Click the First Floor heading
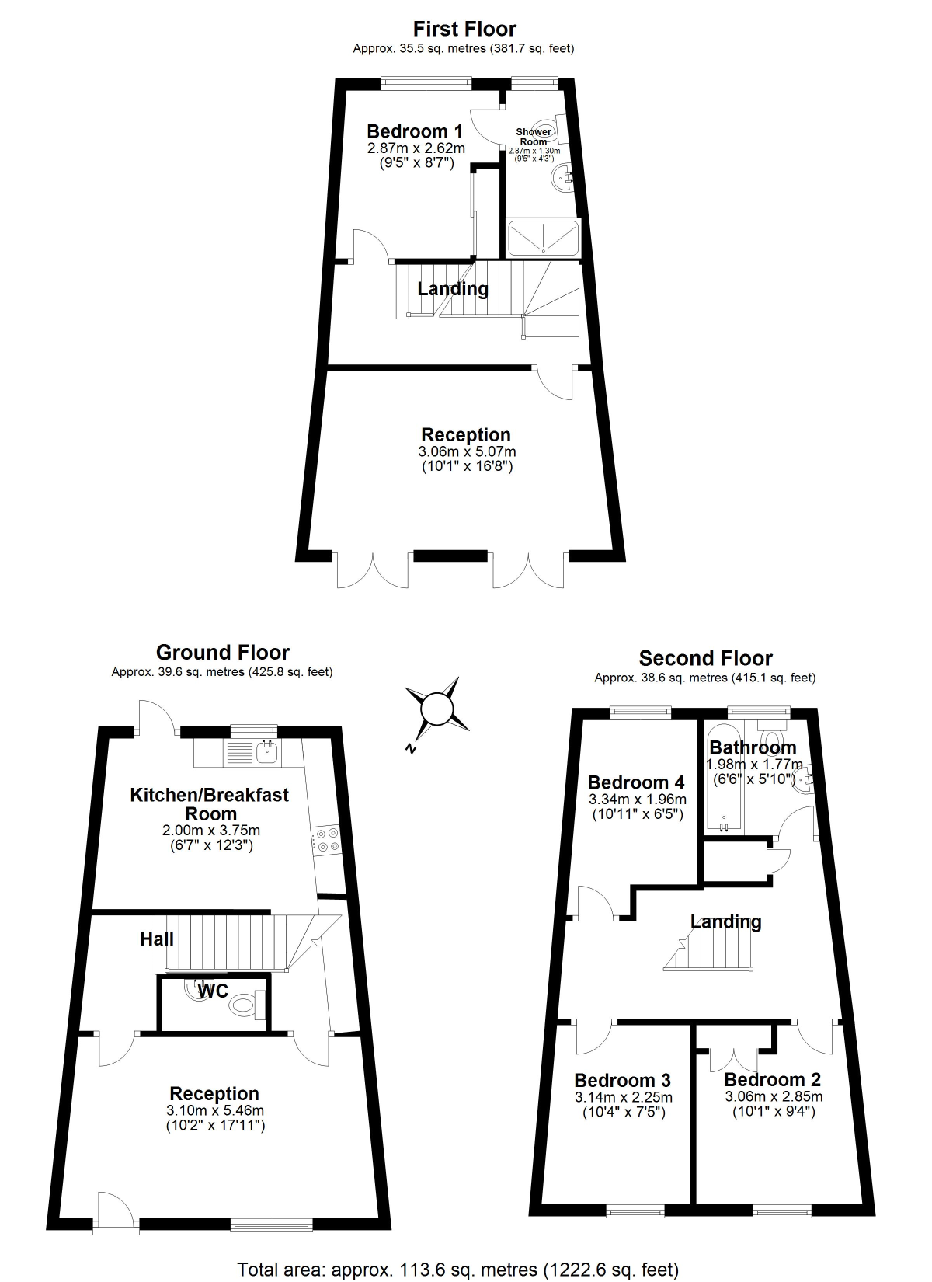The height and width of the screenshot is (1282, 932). [464, 30]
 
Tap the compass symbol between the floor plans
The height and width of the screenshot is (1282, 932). [435, 709]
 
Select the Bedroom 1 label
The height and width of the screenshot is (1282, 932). [414, 131]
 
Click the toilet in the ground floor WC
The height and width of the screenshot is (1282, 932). [242, 1006]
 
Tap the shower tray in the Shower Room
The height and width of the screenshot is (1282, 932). [543, 238]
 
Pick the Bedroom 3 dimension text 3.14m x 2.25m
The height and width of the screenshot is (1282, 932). [623, 1097]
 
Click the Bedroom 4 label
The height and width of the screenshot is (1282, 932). [637, 782]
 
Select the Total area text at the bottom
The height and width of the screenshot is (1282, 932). [458, 1270]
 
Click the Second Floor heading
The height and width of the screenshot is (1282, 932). [705, 659]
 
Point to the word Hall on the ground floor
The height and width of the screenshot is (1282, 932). [157, 939]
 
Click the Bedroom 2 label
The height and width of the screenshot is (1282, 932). [772, 1079]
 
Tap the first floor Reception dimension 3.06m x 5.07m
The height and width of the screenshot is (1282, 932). [467, 451]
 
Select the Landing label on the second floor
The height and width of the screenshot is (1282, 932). [726, 921]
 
